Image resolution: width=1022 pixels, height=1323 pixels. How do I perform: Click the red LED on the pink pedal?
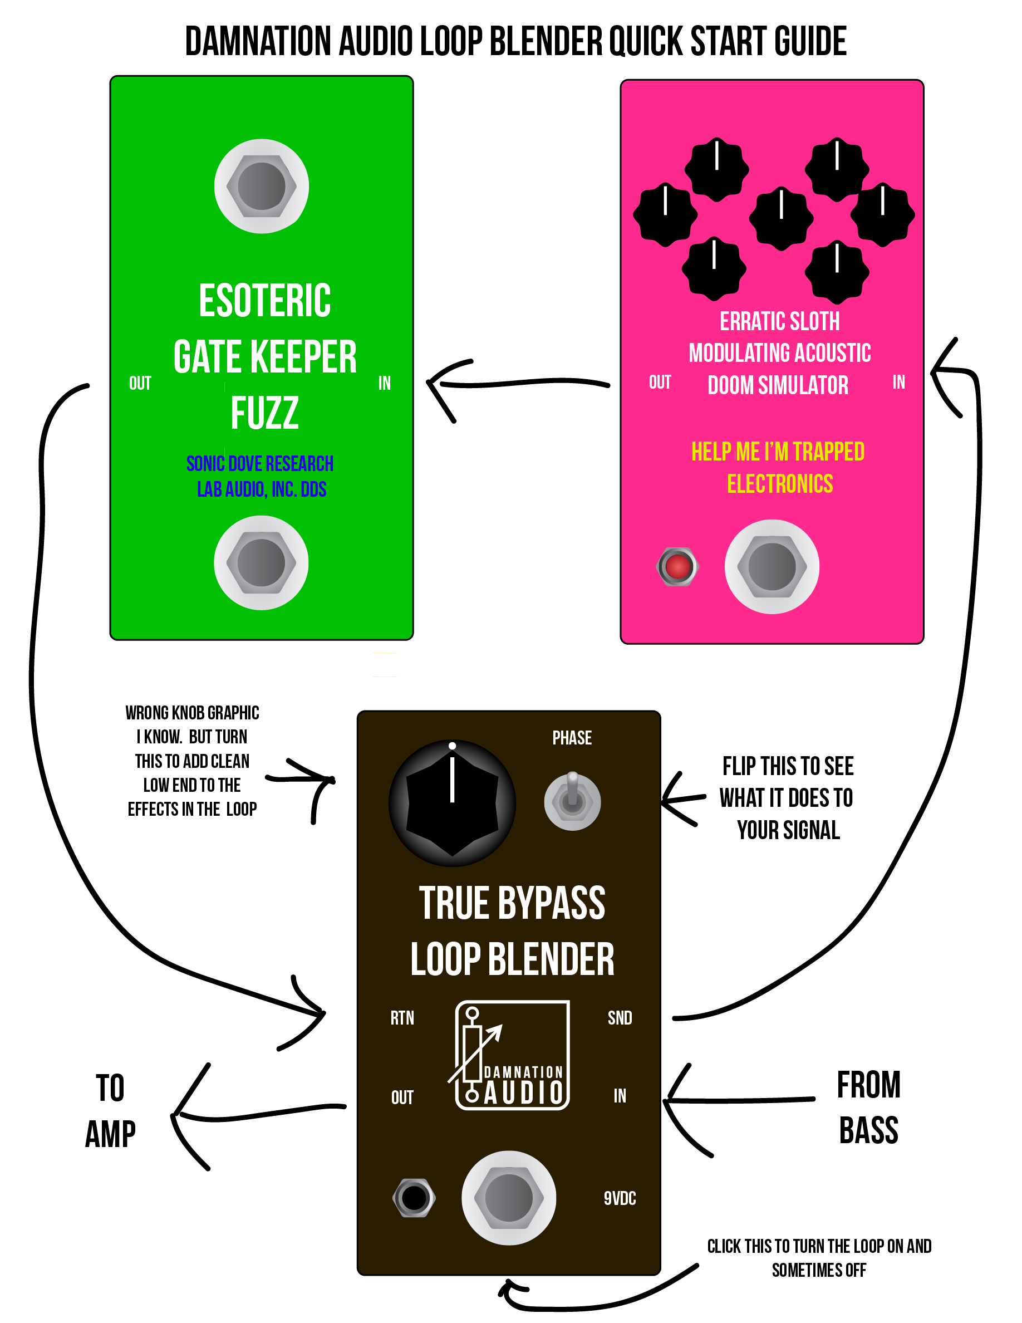[677, 566]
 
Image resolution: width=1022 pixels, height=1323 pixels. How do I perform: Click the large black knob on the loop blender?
[452, 802]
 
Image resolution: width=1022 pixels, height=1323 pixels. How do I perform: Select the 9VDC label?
[620, 1198]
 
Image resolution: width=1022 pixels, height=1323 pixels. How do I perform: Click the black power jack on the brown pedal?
[414, 1198]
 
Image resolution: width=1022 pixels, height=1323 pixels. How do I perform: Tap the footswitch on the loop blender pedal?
[509, 1198]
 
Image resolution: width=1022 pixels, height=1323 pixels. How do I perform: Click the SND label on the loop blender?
[620, 1018]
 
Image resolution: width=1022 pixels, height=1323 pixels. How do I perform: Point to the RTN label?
[402, 1018]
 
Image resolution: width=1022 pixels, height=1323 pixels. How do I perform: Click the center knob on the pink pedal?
[781, 218]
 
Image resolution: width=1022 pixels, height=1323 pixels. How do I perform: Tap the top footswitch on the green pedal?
[262, 186]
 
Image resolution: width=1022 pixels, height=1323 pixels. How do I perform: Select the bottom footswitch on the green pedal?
[261, 563]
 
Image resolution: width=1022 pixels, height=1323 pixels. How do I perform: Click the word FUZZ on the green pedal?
[264, 413]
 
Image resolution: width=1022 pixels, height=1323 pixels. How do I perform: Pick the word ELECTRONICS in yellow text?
[780, 483]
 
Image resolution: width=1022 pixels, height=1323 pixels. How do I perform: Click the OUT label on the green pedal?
[140, 383]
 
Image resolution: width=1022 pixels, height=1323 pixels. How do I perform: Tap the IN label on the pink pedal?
[898, 381]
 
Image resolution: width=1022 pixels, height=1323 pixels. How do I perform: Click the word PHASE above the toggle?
[572, 738]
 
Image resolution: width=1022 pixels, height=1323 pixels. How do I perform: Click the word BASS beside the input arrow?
[869, 1130]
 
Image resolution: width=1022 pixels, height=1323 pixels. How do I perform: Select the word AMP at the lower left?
[110, 1134]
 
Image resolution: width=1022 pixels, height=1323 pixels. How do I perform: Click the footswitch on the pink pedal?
[772, 566]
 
